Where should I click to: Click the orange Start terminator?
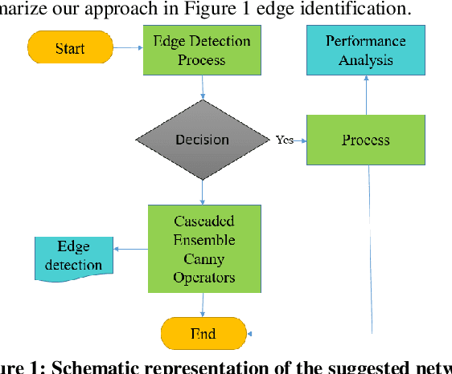click(70, 48)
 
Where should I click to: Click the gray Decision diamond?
click(202, 140)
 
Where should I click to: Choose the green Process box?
click(365, 140)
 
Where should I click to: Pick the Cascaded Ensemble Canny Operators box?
click(203, 248)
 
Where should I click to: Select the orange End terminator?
click(203, 334)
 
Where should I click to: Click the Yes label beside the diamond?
click(285, 140)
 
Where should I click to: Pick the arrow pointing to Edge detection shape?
click(129, 248)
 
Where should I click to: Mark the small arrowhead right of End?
click(251, 334)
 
